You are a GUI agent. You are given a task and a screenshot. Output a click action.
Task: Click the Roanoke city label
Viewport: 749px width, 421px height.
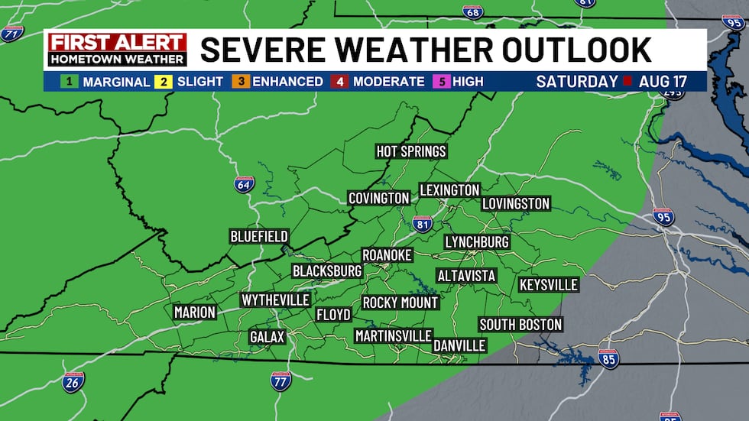pos(387,254)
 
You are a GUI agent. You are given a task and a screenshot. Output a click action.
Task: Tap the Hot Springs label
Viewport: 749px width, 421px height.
pos(411,151)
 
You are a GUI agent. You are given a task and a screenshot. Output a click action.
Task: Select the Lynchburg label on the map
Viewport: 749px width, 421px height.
pos(477,241)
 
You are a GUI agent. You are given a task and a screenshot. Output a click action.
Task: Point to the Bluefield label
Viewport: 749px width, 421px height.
pos(259,236)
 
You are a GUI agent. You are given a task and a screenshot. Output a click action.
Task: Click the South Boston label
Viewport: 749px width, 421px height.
pos(520,325)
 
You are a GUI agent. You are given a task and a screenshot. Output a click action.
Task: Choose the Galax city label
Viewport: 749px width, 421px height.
pos(267,337)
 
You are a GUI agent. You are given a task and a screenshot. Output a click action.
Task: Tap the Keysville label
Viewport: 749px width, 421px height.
pos(548,285)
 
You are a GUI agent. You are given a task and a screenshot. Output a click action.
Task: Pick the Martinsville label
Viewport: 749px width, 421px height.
pos(394,335)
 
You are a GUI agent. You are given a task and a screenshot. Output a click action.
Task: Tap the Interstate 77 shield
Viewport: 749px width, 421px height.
pos(281,381)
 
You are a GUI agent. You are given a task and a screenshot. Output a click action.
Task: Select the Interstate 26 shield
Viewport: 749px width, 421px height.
pos(73,382)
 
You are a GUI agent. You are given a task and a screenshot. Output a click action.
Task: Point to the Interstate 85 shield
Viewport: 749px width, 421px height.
pos(609,358)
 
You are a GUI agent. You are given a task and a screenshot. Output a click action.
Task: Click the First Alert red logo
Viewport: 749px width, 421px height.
pos(117,41)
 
